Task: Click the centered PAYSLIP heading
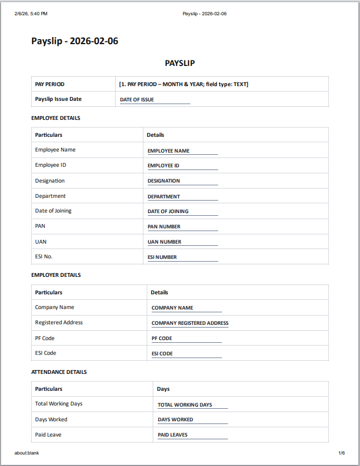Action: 180,63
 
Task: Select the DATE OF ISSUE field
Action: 155,100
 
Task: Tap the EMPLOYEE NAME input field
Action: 182,151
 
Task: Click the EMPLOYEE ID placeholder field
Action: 182,166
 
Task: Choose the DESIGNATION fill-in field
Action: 182,181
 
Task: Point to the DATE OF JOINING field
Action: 182,211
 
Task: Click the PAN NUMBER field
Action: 182,227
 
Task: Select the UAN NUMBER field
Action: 182,242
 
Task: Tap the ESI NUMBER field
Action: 182,257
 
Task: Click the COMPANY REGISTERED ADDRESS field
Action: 190,323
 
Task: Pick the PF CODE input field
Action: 186,338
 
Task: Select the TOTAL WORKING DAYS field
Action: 192,405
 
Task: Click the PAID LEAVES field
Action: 192,435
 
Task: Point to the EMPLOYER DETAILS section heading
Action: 56,275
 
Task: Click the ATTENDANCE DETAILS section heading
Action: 59,372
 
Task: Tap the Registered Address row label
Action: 59,323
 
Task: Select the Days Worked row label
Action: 51,420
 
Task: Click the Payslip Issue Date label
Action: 58,99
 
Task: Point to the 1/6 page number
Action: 341,453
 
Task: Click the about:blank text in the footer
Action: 27,453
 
